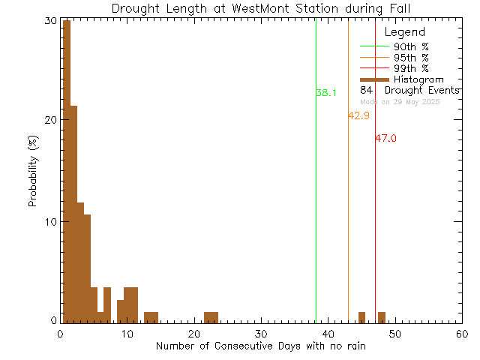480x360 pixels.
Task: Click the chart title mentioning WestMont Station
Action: point(261,8)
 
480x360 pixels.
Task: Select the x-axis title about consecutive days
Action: point(261,346)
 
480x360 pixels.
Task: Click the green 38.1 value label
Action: point(326,93)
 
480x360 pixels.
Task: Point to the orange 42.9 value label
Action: point(358,115)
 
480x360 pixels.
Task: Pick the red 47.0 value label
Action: point(385,139)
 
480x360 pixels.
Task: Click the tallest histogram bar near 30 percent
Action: point(66,172)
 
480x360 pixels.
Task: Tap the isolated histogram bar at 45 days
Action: point(361,316)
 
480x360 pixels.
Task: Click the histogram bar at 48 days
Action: point(382,316)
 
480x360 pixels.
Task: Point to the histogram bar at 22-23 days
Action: point(211,316)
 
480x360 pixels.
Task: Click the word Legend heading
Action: point(404,32)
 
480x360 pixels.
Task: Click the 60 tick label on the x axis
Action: point(461,334)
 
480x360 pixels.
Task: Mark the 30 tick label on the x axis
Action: point(260,334)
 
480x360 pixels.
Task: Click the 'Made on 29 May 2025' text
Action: point(400,102)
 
